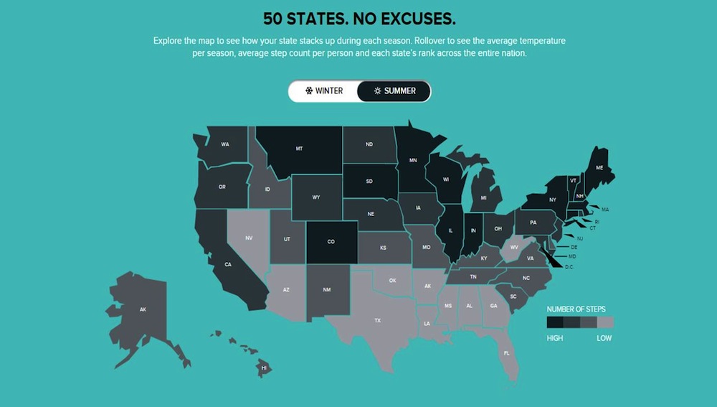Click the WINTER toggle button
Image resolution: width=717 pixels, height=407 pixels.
pos(323,91)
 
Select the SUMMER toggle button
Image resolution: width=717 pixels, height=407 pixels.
pos(394,91)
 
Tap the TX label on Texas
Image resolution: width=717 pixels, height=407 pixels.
pos(378,320)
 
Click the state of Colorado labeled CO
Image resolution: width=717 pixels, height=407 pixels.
pos(331,242)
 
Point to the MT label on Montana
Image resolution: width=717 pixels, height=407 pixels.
pos(299,149)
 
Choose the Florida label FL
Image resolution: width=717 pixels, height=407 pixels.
pos(507,353)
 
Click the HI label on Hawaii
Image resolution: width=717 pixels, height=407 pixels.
pos(264,368)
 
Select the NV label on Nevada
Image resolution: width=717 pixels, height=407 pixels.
pos(249,237)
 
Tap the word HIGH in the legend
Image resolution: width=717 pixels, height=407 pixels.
pos(555,338)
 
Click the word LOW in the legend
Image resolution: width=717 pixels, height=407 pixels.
pos(604,338)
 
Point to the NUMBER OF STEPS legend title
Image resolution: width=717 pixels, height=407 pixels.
pos(576,309)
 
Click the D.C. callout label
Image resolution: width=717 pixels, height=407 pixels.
pos(570,266)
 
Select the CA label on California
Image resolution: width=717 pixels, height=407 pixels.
pos(228,265)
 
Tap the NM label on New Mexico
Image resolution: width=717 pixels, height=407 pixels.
pos(327,289)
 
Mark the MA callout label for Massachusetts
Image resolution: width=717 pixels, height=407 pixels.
pos(605,210)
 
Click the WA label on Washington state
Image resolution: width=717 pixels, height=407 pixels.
pos(225,144)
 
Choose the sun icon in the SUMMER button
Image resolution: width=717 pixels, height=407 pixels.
pos(377,91)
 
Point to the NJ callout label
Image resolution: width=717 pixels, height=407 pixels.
pos(579,238)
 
